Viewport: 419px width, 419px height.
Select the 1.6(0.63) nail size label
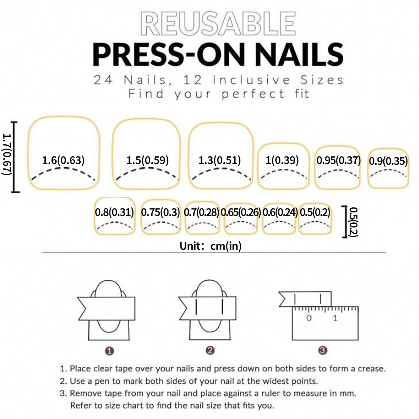[x=63, y=160]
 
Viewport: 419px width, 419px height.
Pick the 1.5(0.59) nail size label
[x=147, y=160]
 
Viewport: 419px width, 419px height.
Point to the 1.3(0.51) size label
[x=219, y=160]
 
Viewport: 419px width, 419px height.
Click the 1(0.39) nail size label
[x=282, y=160]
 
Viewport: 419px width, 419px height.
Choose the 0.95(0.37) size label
[x=338, y=160]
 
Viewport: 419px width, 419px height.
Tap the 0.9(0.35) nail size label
[x=388, y=161]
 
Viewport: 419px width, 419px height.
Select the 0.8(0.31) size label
[x=114, y=212]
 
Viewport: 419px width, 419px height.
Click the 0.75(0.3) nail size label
[x=161, y=212]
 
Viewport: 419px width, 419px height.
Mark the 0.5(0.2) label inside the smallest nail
[x=315, y=212]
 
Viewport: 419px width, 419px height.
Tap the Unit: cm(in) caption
[x=211, y=246]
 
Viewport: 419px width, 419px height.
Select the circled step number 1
[x=109, y=351]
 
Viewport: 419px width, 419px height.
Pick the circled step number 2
[x=210, y=350]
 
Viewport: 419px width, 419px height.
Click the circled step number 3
[x=323, y=350]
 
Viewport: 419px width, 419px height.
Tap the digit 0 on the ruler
[x=309, y=318]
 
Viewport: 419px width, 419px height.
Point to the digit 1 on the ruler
[x=335, y=318]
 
